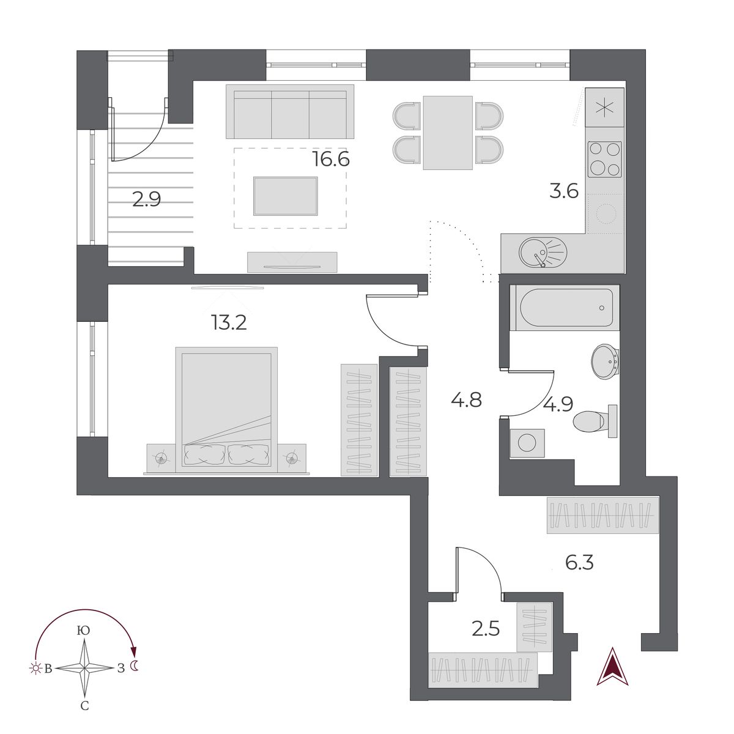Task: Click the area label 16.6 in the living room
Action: tap(331, 160)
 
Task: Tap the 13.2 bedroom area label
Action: tap(229, 322)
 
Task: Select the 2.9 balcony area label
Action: tap(147, 199)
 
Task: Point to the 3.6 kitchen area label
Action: tap(563, 191)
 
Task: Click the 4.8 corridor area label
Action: tap(466, 401)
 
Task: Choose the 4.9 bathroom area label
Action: tap(557, 404)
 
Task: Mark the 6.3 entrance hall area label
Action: tap(579, 562)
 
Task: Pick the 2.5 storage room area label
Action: tap(486, 628)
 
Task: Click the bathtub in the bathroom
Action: tap(565, 308)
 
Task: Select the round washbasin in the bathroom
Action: tap(605, 361)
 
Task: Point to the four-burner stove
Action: tap(604, 159)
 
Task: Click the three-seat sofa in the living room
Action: tap(290, 112)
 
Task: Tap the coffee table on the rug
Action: tap(286, 196)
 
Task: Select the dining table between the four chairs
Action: tap(448, 133)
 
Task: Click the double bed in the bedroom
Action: tap(226, 410)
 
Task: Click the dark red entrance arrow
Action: tap(613, 667)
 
